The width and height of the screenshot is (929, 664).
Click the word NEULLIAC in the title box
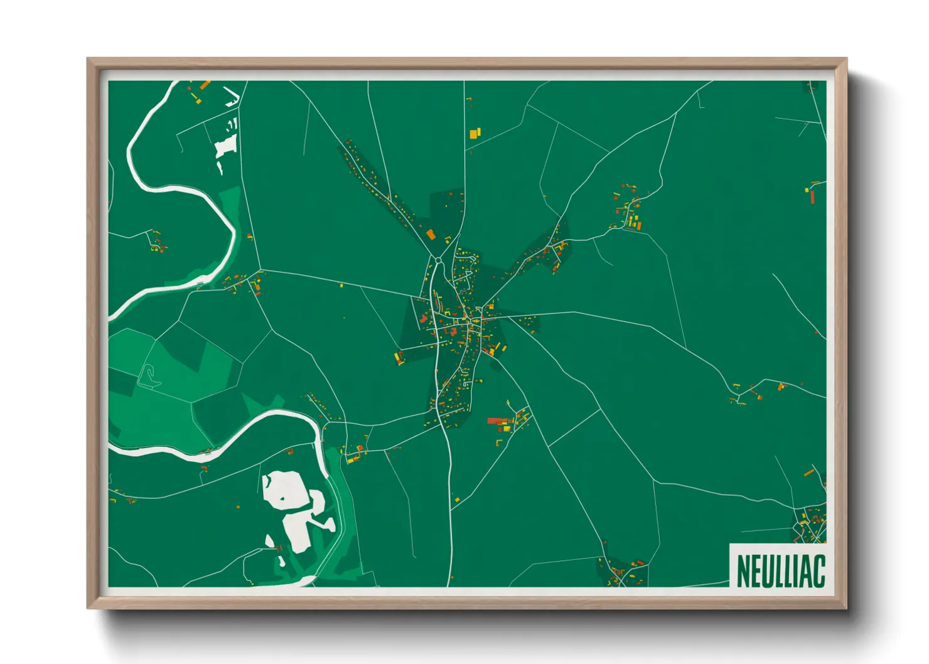click(x=780, y=570)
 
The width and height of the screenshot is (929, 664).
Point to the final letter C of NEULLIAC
click(x=819, y=570)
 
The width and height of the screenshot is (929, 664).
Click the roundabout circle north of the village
click(x=438, y=260)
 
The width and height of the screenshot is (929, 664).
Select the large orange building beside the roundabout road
click(x=431, y=234)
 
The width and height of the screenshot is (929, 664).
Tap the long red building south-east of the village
click(x=497, y=421)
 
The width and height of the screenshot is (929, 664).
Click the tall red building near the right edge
click(x=812, y=197)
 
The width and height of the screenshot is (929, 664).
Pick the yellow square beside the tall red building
click(x=807, y=190)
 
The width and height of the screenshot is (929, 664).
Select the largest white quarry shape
click(x=286, y=490)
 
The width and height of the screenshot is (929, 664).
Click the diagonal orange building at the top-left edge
click(x=205, y=84)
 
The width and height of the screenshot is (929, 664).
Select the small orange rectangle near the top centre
click(x=475, y=133)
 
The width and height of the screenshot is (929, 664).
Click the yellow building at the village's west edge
click(x=399, y=358)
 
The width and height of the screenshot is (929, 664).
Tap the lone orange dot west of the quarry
click(x=239, y=506)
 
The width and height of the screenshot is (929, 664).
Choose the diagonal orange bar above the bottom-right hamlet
click(x=809, y=473)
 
